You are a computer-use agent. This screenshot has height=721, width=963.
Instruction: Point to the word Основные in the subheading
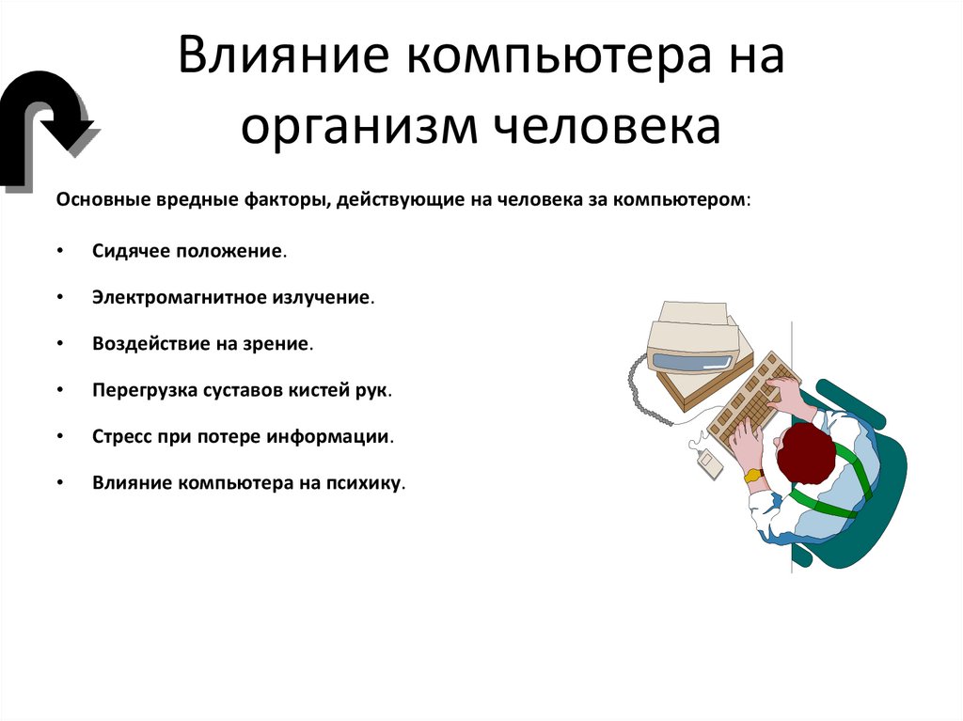99,200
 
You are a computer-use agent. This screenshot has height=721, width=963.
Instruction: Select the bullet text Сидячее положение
189,251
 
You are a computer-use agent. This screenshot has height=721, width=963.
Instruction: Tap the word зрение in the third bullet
279,343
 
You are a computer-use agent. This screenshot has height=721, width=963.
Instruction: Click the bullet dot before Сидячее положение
59,251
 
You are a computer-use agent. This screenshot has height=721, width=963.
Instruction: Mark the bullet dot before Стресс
59,437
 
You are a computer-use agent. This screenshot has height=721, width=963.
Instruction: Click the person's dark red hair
805,454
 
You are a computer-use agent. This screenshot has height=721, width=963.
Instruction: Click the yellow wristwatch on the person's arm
753,476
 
